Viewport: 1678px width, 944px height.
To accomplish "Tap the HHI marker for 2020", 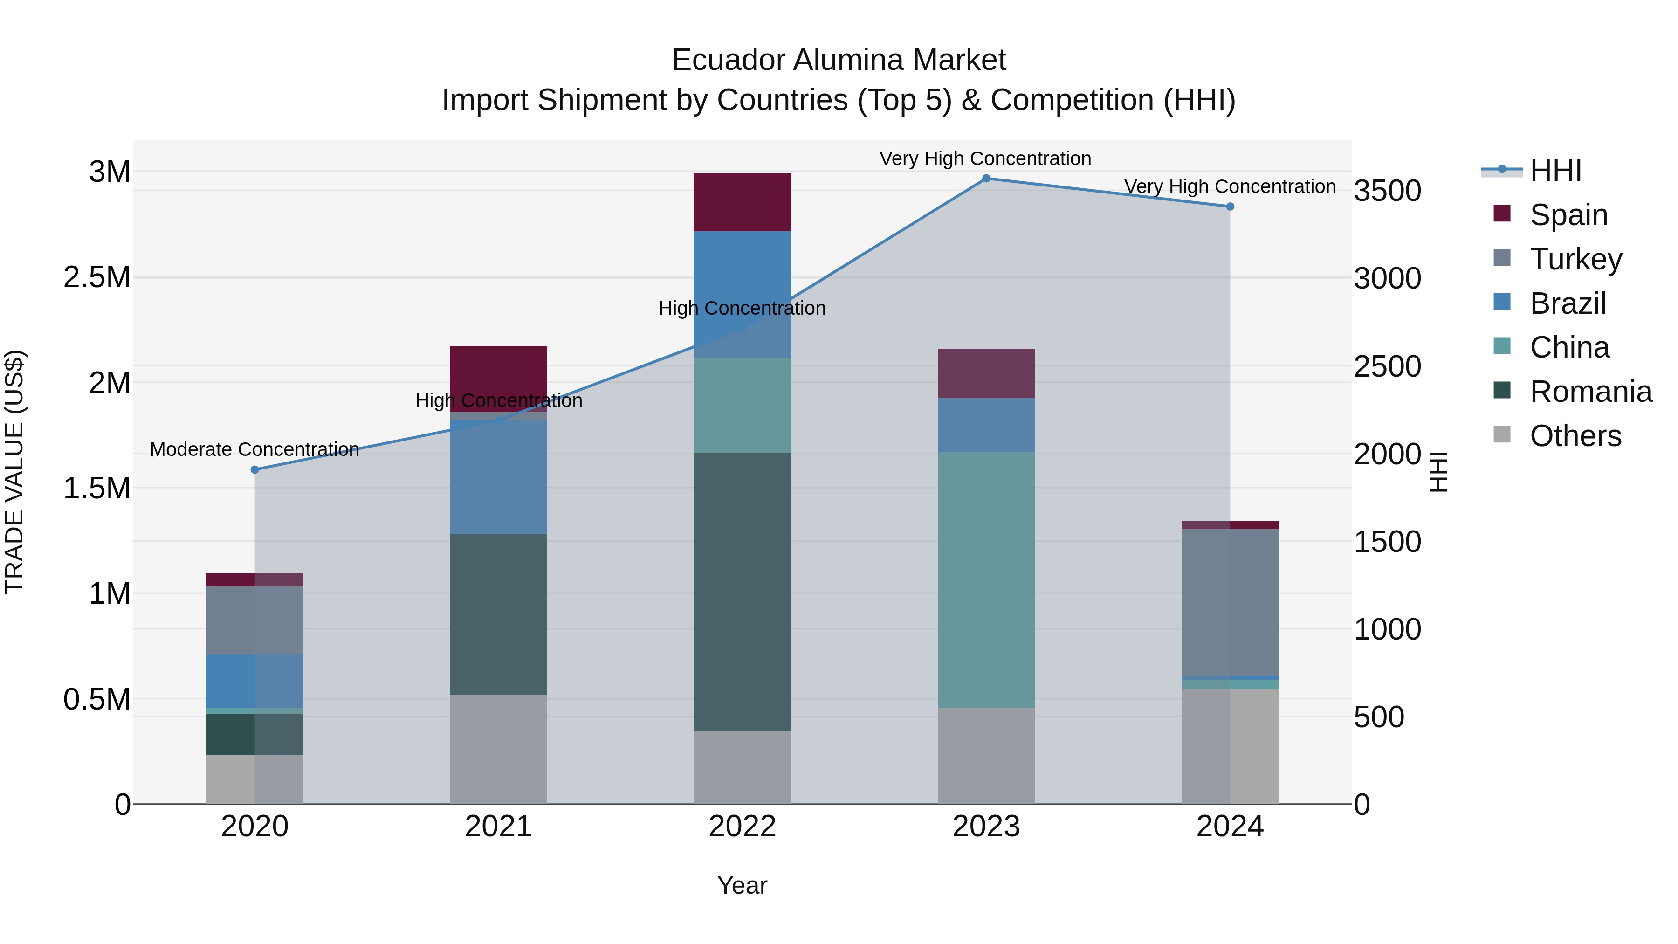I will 254,470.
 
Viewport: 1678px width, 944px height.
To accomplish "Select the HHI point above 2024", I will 1230,207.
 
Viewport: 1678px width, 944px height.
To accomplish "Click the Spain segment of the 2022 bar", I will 742,202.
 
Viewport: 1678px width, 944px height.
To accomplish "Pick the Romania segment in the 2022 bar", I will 742,592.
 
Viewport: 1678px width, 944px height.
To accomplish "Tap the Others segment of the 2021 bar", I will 498,749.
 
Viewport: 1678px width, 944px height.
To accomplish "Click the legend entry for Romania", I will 1590,392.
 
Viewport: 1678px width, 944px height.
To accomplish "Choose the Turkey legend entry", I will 1575,259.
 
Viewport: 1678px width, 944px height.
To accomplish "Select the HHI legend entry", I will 1555,171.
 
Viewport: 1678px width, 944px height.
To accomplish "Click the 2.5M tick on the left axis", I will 97,277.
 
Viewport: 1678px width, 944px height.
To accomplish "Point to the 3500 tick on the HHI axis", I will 1388,191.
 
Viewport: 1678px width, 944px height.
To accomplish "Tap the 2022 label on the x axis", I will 742,827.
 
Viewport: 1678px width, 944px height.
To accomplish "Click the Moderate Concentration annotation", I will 254,449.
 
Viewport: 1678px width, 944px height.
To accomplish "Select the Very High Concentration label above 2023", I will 985,158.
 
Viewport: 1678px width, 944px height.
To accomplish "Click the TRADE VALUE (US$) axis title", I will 14,472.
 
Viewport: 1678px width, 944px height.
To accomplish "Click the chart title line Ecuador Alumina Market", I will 839,60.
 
